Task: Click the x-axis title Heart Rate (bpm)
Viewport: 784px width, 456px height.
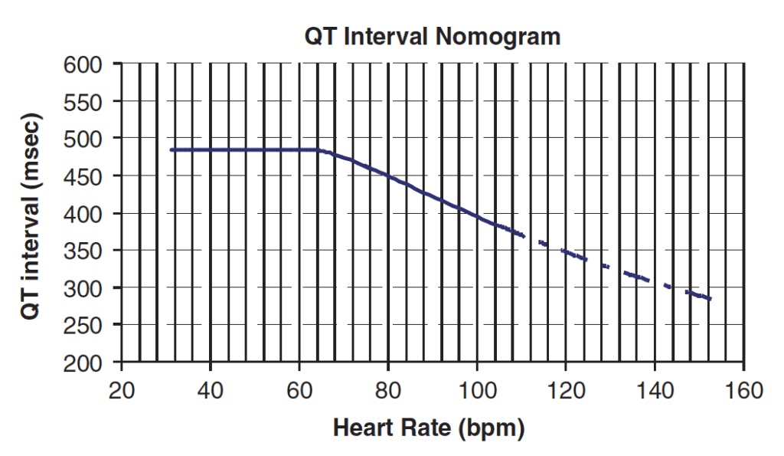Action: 429,428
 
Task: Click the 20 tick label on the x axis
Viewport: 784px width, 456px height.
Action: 121,390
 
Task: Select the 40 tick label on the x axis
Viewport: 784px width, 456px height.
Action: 210,390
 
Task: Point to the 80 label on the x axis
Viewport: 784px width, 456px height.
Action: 388,390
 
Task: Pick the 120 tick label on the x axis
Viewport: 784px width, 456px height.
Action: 566,390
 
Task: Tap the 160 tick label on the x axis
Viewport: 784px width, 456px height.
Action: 744,390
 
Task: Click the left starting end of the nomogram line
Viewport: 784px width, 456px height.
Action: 171,149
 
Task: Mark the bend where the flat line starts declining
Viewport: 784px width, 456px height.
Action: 319,150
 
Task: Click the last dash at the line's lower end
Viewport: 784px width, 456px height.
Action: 706,297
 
